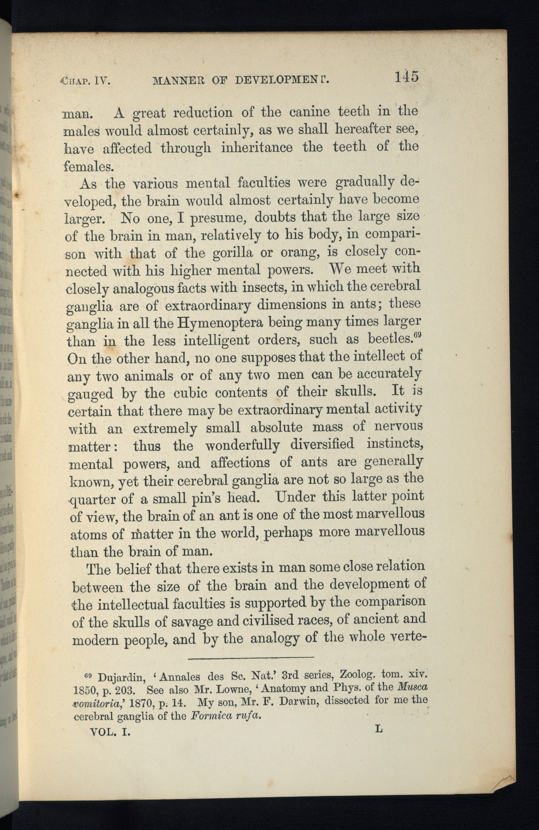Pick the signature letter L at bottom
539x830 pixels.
(x=379, y=729)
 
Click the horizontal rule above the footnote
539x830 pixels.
(x=251, y=657)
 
